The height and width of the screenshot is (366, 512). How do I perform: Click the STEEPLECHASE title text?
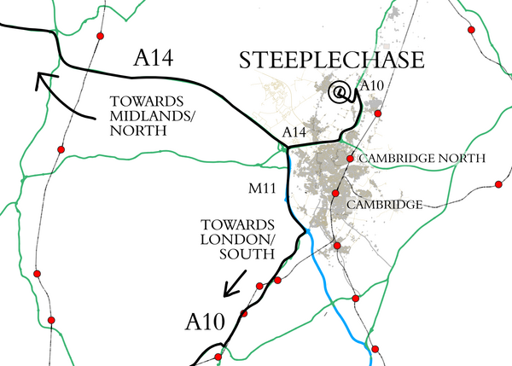332,61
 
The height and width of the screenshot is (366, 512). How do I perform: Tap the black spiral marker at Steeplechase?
340,92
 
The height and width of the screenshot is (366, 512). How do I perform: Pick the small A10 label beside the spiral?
374,85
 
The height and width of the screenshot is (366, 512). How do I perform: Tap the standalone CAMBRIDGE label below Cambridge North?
384,206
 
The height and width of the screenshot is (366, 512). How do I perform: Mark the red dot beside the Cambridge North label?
351,159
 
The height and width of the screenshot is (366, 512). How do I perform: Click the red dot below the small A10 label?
378,113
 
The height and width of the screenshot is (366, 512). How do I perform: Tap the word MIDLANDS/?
143,118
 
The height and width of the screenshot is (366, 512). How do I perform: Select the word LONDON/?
225,239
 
